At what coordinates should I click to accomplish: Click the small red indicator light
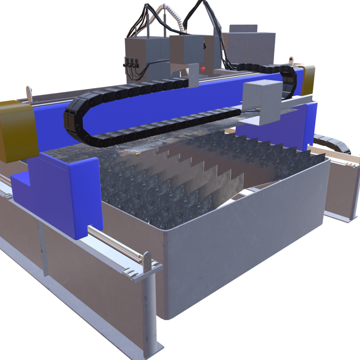[x=203, y=69]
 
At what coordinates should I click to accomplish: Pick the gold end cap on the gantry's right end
[x=308, y=80]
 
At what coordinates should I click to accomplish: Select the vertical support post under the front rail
[x=151, y=310]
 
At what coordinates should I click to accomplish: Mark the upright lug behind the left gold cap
[x=30, y=94]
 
